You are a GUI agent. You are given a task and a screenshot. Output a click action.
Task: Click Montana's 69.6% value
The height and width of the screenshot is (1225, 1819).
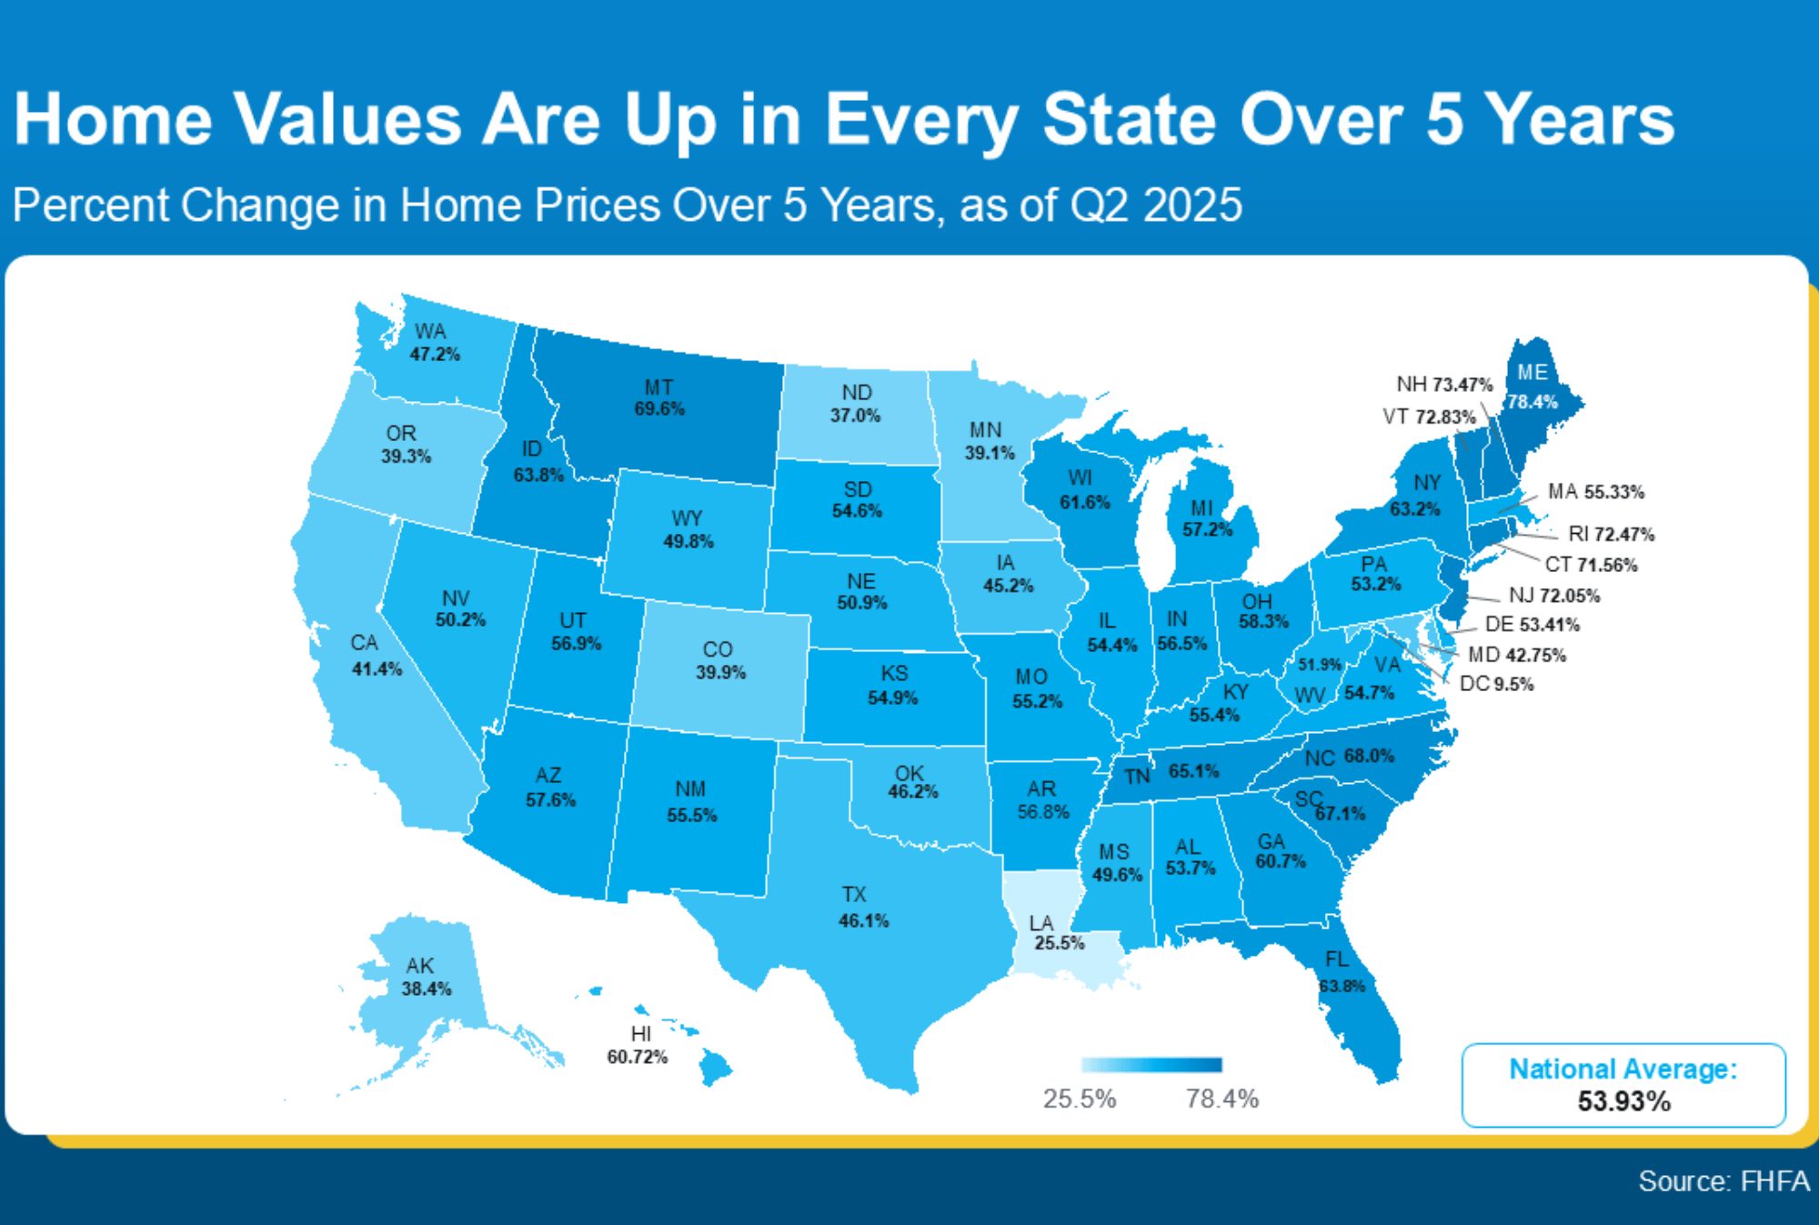click(659, 409)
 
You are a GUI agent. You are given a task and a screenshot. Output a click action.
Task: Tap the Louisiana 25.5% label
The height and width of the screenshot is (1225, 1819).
click(1059, 943)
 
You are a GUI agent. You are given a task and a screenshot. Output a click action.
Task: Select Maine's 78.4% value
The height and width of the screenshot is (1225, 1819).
click(1533, 402)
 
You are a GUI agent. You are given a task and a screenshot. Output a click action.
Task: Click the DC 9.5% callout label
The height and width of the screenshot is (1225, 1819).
click(1496, 684)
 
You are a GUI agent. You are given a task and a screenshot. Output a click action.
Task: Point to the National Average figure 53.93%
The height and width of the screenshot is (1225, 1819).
click(1623, 1101)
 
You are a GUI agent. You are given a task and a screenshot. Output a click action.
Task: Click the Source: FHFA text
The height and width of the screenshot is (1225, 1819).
click(1724, 1180)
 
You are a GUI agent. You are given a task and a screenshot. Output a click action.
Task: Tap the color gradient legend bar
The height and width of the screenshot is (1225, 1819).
click(1151, 1065)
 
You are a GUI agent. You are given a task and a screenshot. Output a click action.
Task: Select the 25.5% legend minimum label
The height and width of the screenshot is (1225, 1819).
click(1079, 1099)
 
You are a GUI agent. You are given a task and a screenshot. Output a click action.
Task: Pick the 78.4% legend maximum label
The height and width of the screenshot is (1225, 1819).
click(1221, 1099)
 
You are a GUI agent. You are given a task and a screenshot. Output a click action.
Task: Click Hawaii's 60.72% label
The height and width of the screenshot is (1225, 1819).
click(638, 1057)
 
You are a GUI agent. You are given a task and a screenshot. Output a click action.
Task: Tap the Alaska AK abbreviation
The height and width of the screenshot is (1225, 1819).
click(420, 965)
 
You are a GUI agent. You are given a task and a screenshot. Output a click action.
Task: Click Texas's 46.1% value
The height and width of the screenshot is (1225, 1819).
click(863, 921)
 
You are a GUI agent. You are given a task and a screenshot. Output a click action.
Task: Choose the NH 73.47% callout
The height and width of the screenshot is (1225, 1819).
click(1444, 385)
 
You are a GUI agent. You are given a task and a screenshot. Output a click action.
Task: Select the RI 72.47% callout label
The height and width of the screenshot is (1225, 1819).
click(1611, 534)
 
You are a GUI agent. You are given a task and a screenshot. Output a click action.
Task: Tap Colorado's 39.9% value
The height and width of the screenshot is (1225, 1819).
click(720, 673)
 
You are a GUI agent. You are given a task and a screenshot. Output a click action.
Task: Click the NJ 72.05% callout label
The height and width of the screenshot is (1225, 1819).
click(1553, 596)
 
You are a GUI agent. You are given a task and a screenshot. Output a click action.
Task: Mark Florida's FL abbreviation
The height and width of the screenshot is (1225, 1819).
click(1337, 959)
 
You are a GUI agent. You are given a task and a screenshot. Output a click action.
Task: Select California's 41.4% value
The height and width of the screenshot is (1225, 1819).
click(377, 669)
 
